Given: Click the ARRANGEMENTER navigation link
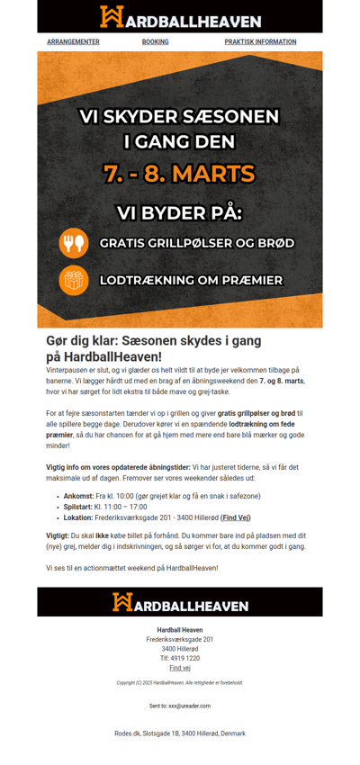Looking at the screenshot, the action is tap(73, 41).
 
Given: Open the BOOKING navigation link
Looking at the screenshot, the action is tap(155, 41).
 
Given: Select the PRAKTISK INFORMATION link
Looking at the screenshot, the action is tap(260, 41).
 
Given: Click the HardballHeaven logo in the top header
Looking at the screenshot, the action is tap(180, 17).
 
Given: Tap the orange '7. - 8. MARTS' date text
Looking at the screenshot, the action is tap(180, 173).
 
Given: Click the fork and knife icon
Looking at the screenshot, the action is tap(74, 243).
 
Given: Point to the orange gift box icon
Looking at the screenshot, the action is tap(74, 280).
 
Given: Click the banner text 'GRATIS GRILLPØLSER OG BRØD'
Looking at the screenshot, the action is tap(196, 243).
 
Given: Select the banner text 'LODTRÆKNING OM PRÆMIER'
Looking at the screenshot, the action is tap(191, 280).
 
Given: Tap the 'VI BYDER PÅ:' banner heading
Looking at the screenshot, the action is tap(180, 213).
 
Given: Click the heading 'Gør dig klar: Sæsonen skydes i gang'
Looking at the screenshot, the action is tap(153, 341).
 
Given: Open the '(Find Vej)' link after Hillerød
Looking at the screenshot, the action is tap(236, 517).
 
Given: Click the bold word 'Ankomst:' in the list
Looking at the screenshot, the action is tap(78, 496).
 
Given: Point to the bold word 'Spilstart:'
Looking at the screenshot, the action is tap(79, 507).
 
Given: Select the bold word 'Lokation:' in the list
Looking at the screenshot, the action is tap(78, 517).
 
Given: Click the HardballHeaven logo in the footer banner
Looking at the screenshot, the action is tap(180, 602).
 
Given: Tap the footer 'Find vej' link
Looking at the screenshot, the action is tap(180, 668).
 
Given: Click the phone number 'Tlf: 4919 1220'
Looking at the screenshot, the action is tap(180, 658).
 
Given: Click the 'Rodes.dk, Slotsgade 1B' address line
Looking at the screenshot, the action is tap(180, 733).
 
